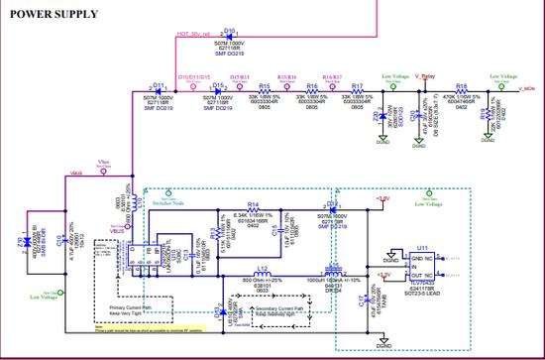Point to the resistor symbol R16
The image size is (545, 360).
coord(312,94)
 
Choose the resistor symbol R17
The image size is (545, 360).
coord(357,94)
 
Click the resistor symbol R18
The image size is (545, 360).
coord(461,94)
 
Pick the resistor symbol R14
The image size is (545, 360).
coord(253,211)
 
